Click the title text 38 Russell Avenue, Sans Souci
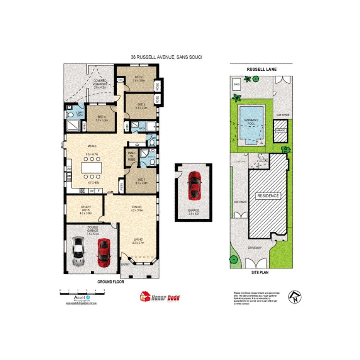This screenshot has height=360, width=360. pyautogui.click(x=166, y=57)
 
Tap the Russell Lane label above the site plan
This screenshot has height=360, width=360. pyautogui.click(x=262, y=70)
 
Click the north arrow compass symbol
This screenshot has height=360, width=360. pyautogui.click(x=294, y=297)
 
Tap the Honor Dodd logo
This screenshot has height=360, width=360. pyautogui.click(x=160, y=297)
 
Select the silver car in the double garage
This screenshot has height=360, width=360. pyautogui.click(x=78, y=251)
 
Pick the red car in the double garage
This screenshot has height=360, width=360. pyautogui.click(x=104, y=253)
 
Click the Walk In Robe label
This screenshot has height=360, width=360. pyautogui.click(x=131, y=156)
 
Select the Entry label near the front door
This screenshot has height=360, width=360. pyautogui.click(x=126, y=264)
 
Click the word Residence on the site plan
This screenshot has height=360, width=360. pyautogui.click(x=268, y=196)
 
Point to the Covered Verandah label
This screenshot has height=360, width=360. pyautogui.click(x=100, y=82)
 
